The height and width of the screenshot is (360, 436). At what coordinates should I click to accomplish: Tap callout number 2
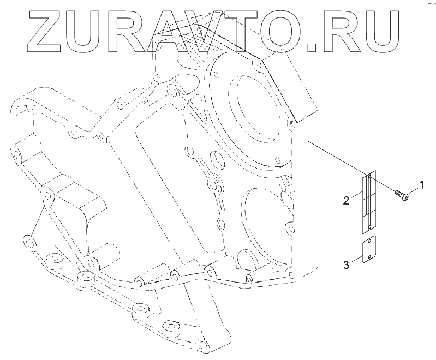point(345,200)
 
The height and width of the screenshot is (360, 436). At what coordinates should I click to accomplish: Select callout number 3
point(345,265)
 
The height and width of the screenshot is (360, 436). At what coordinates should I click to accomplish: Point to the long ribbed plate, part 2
point(369,201)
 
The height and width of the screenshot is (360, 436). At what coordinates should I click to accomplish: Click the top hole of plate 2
point(370,177)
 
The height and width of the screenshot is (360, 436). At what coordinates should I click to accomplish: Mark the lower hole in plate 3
point(369,257)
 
